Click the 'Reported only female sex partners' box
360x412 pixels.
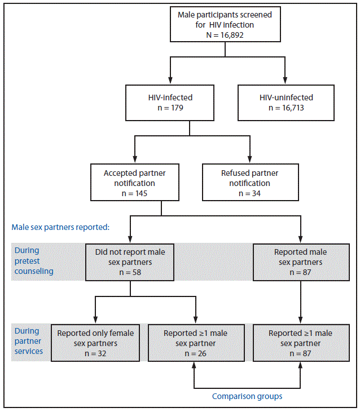(95, 343)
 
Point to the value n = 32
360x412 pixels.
(95, 353)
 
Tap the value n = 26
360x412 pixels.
(195, 353)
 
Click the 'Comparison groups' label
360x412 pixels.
(247, 396)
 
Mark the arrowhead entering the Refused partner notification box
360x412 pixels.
(249, 160)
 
